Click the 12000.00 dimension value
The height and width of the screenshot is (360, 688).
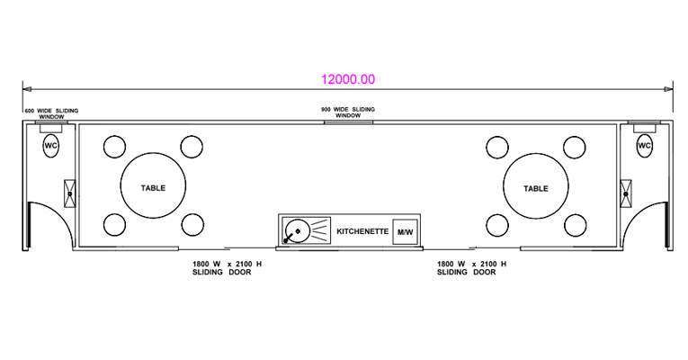[348, 79]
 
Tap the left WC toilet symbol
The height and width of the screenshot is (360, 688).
[51, 146]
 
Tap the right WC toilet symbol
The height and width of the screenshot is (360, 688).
[644, 146]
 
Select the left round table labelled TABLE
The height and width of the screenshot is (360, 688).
[153, 185]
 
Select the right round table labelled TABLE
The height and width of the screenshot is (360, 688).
[536, 186]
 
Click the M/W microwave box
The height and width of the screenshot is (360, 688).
[405, 231]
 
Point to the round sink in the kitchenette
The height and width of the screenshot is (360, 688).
[297, 231]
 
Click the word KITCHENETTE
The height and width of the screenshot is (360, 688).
[362, 231]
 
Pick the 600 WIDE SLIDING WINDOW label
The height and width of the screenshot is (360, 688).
[51, 113]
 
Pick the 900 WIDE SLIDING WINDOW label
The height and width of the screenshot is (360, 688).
[348, 112]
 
